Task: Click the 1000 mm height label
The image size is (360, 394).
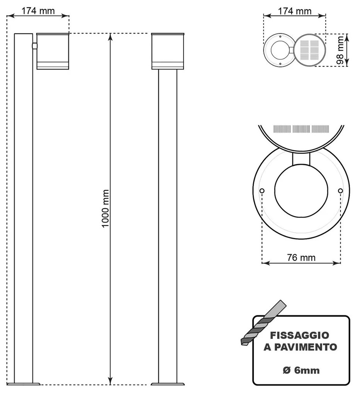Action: pyautogui.click(x=105, y=208)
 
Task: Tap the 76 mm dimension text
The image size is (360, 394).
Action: pyautogui.click(x=301, y=257)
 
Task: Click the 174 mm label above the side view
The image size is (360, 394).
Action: pyautogui.click(x=38, y=11)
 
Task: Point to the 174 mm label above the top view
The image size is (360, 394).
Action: pyautogui.click(x=295, y=11)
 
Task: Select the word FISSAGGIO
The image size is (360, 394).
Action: pyautogui.click(x=300, y=335)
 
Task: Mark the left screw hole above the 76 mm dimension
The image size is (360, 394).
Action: pyautogui.click(x=262, y=191)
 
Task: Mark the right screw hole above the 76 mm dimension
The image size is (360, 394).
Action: pyautogui.click(x=340, y=191)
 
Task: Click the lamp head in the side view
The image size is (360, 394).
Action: pyautogui.click(x=53, y=51)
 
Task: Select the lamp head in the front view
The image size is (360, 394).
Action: pyautogui.click(x=168, y=51)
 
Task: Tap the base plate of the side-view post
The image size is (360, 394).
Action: pyautogui.click(x=24, y=384)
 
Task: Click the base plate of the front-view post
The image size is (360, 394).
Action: pyautogui.click(x=168, y=384)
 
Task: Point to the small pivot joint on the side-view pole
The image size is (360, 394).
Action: pyautogui.click(x=34, y=46)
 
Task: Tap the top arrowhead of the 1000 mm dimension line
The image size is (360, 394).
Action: pyautogui.click(x=111, y=37)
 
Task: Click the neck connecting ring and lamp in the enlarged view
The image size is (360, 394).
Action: pyautogui.click(x=301, y=158)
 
